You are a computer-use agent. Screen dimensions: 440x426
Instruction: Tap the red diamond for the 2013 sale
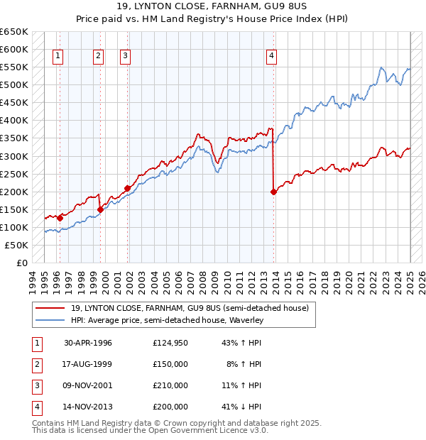click(x=273, y=192)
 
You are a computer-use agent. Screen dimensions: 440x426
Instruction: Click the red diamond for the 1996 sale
click(x=60, y=218)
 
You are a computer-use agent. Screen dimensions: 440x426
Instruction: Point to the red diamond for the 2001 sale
click(x=128, y=188)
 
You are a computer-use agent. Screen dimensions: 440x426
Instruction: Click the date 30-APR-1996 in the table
click(x=88, y=343)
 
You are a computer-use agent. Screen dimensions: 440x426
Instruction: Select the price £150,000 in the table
click(x=170, y=364)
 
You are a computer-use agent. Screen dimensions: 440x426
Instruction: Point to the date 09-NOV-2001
click(x=88, y=385)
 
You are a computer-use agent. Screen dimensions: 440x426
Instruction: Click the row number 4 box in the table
click(x=36, y=407)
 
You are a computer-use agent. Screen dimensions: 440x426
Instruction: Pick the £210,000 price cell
click(x=170, y=385)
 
